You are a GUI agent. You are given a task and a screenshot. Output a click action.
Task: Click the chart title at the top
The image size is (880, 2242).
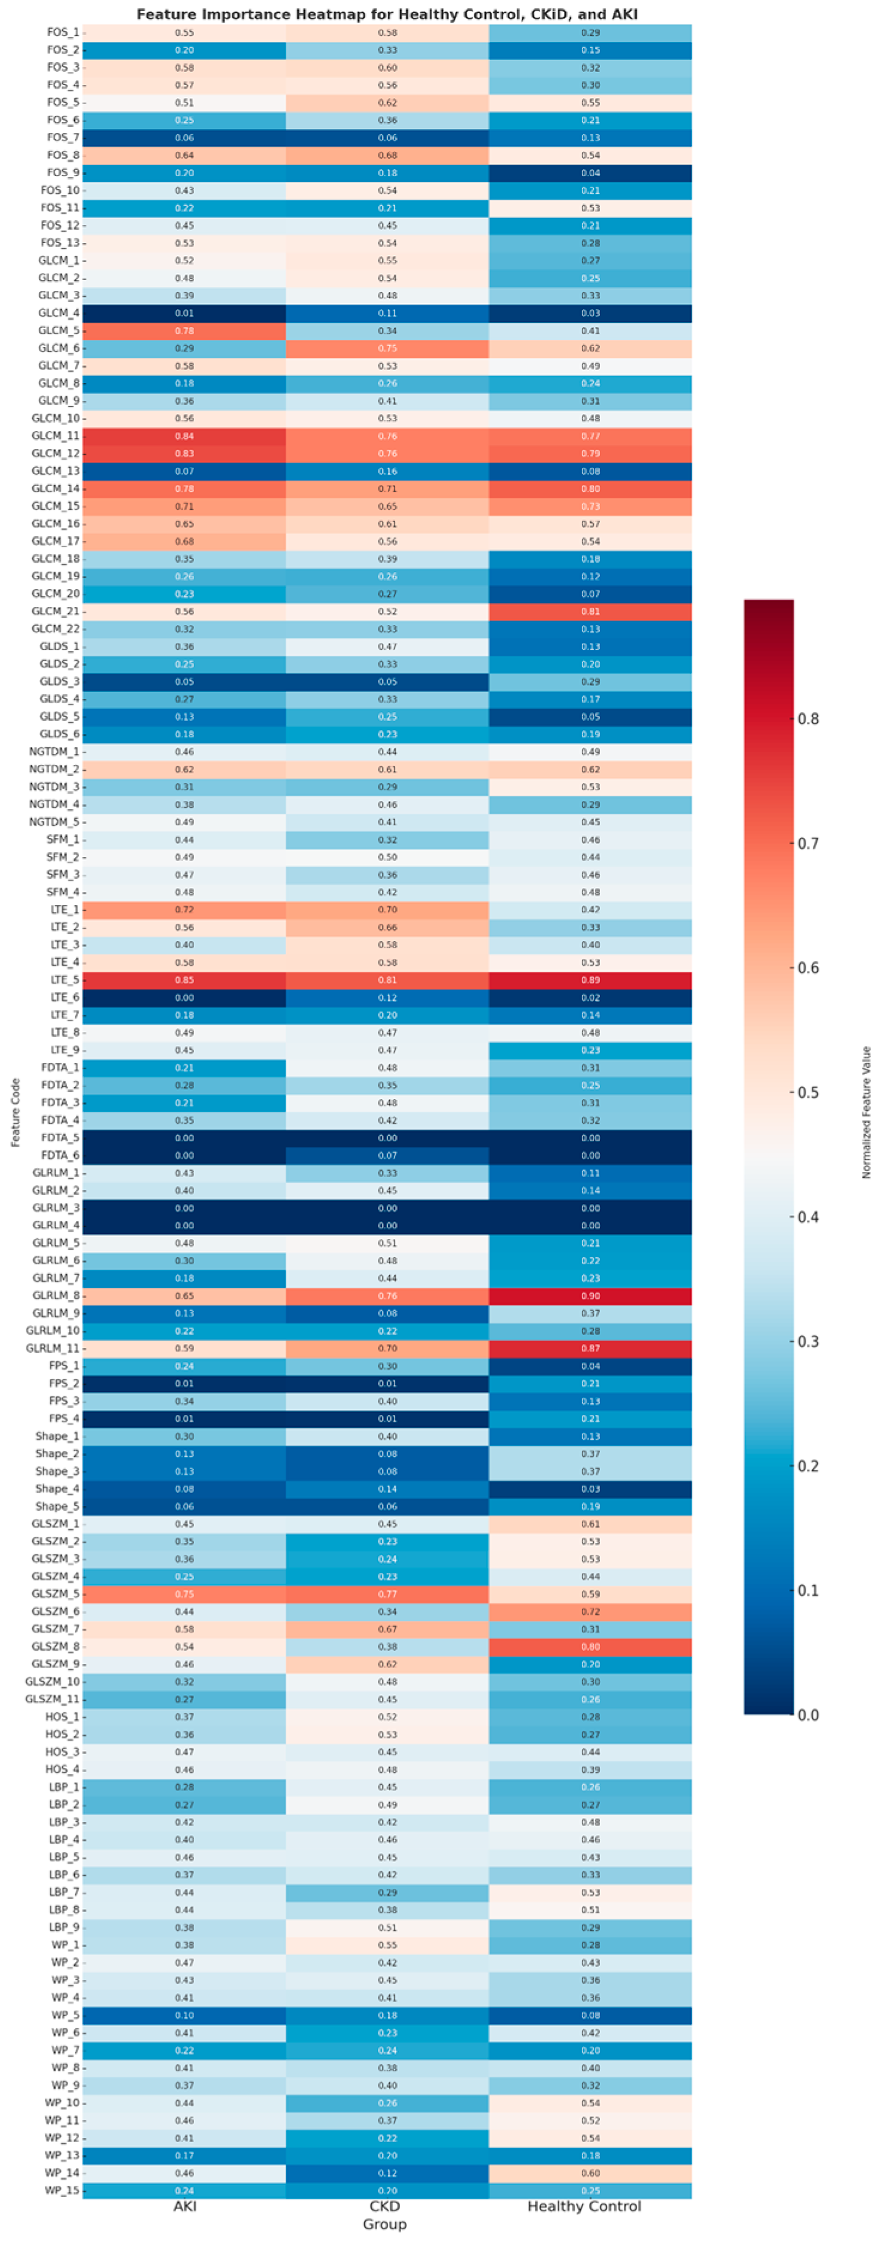coord(387,14)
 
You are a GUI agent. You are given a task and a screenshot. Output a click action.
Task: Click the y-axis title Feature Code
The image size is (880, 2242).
coord(15,1111)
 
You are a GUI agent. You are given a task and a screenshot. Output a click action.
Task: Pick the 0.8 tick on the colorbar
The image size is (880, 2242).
coord(808,719)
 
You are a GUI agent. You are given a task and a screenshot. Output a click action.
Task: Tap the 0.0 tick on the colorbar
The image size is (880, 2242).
coord(808,1715)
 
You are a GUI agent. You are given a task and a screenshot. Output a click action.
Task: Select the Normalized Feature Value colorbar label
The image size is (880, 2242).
coord(866,1111)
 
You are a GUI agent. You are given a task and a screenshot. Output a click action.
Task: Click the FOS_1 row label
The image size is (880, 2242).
coord(63,32)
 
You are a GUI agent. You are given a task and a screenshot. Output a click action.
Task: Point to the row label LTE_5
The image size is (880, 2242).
coord(65,980)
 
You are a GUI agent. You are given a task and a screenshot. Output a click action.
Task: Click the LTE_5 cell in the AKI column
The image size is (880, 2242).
coord(184,980)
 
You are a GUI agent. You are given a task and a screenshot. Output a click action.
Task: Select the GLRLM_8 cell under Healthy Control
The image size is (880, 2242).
coord(590,1295)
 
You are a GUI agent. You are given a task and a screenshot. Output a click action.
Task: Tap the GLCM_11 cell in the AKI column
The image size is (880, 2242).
coord(184,436)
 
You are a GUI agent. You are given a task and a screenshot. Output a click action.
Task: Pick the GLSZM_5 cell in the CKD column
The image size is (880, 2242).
coord(387,1594)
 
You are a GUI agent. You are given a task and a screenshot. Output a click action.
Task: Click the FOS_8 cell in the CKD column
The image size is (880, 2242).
coord(387,155)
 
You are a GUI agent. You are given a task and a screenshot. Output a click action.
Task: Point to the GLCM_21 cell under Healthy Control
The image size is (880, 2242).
coord(590,611)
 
